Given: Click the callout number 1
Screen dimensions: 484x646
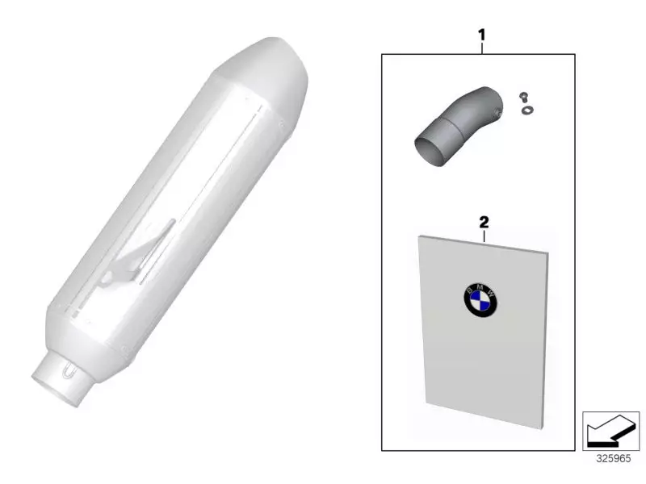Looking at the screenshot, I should [x=482, y=35].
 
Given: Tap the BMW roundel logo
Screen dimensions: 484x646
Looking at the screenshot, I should [x=480, y=300].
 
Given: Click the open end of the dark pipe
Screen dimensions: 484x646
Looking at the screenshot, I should [x=429, y=152].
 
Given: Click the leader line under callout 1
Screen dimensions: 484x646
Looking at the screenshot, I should [x=482, y=48].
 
